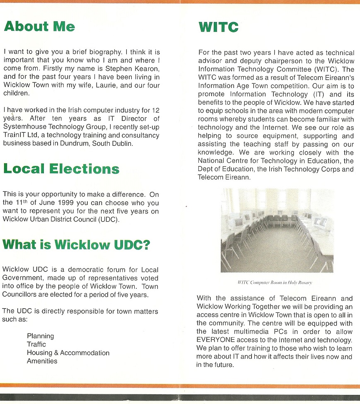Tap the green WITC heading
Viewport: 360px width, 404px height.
218,27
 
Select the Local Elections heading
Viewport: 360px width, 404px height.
61,169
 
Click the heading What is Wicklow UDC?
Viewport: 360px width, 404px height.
76,244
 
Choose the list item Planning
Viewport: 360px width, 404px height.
40,336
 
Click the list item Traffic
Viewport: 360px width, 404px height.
36,344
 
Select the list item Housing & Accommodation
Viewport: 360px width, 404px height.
68,353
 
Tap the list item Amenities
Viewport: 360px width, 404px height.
42,361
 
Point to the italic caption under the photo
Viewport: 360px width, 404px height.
275,283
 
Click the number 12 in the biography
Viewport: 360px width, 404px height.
156,110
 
